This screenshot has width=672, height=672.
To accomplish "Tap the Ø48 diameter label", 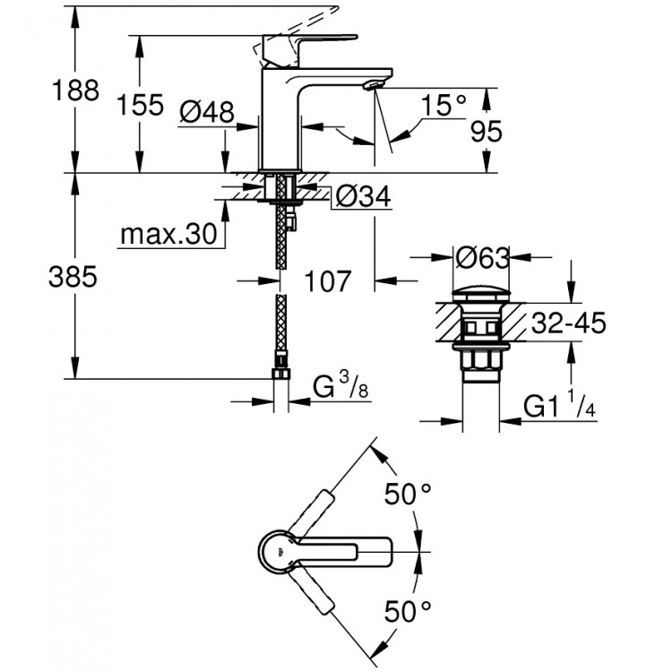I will click(205, 112).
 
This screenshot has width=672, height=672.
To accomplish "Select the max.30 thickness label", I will click(169, 236).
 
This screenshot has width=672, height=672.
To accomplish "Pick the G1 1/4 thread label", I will click(561, 408).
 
